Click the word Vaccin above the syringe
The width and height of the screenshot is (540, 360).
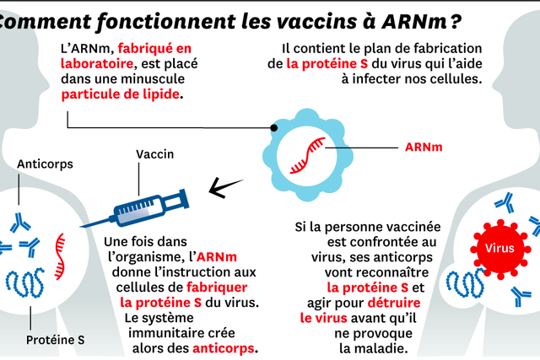(155, 154)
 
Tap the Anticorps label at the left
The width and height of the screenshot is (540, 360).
(45, 164)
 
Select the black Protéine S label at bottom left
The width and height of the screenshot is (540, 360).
(56, 340)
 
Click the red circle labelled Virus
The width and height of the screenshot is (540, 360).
(500, 248)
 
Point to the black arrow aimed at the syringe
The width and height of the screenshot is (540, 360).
(225, 187)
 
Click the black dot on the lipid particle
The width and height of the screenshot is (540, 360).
(273, 127)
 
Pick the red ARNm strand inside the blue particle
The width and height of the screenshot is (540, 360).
(307, 156)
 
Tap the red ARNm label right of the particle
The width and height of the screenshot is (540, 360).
(424, 148)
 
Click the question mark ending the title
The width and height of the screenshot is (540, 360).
(456, 21)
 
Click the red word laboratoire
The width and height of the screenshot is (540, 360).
(97, 64)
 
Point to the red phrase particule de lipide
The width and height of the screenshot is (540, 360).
(120, 94)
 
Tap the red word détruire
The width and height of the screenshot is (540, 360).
(394, 303)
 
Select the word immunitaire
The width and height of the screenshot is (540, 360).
(181, 333)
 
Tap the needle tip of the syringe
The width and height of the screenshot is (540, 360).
(81, 227)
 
